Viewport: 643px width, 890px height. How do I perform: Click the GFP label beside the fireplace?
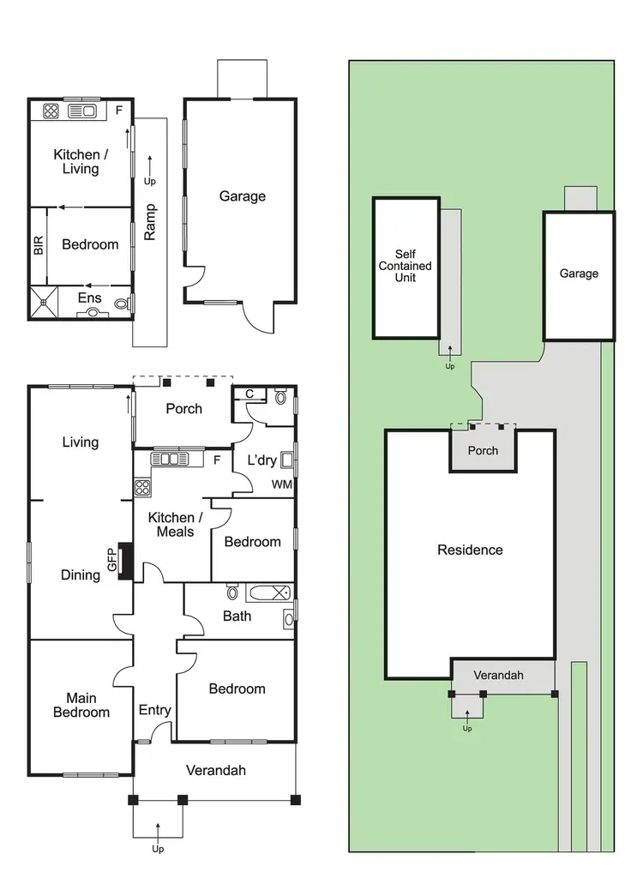tap(111, 562)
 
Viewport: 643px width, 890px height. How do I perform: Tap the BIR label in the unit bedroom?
tap(39, 246)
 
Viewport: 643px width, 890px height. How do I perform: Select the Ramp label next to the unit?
tap(151, 221)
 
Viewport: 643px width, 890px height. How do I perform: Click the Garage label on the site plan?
tap(579, 274)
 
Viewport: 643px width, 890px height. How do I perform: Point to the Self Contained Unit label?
tap(406, 266)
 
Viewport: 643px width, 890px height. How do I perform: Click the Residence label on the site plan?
tap(470, 550)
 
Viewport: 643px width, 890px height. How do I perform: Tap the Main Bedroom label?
tap(81, 705)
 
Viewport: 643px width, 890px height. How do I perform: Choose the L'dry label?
tap(262, 460)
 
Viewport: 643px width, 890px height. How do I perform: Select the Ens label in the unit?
tap(90, 298)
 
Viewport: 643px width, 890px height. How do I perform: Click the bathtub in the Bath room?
tap(268, 592)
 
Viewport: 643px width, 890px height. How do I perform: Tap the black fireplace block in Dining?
tap(126, 561)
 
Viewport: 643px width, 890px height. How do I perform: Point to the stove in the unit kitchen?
tap(51, 110)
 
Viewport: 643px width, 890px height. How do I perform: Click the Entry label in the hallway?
tap(155, 710)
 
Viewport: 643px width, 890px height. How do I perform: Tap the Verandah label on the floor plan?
tap(216, 770)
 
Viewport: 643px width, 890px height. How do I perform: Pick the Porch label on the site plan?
tap(483, 450)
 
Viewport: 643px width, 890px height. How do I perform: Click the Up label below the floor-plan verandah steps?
tap(158, 849)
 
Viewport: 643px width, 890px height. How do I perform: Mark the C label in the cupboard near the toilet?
tap(249, 394)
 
